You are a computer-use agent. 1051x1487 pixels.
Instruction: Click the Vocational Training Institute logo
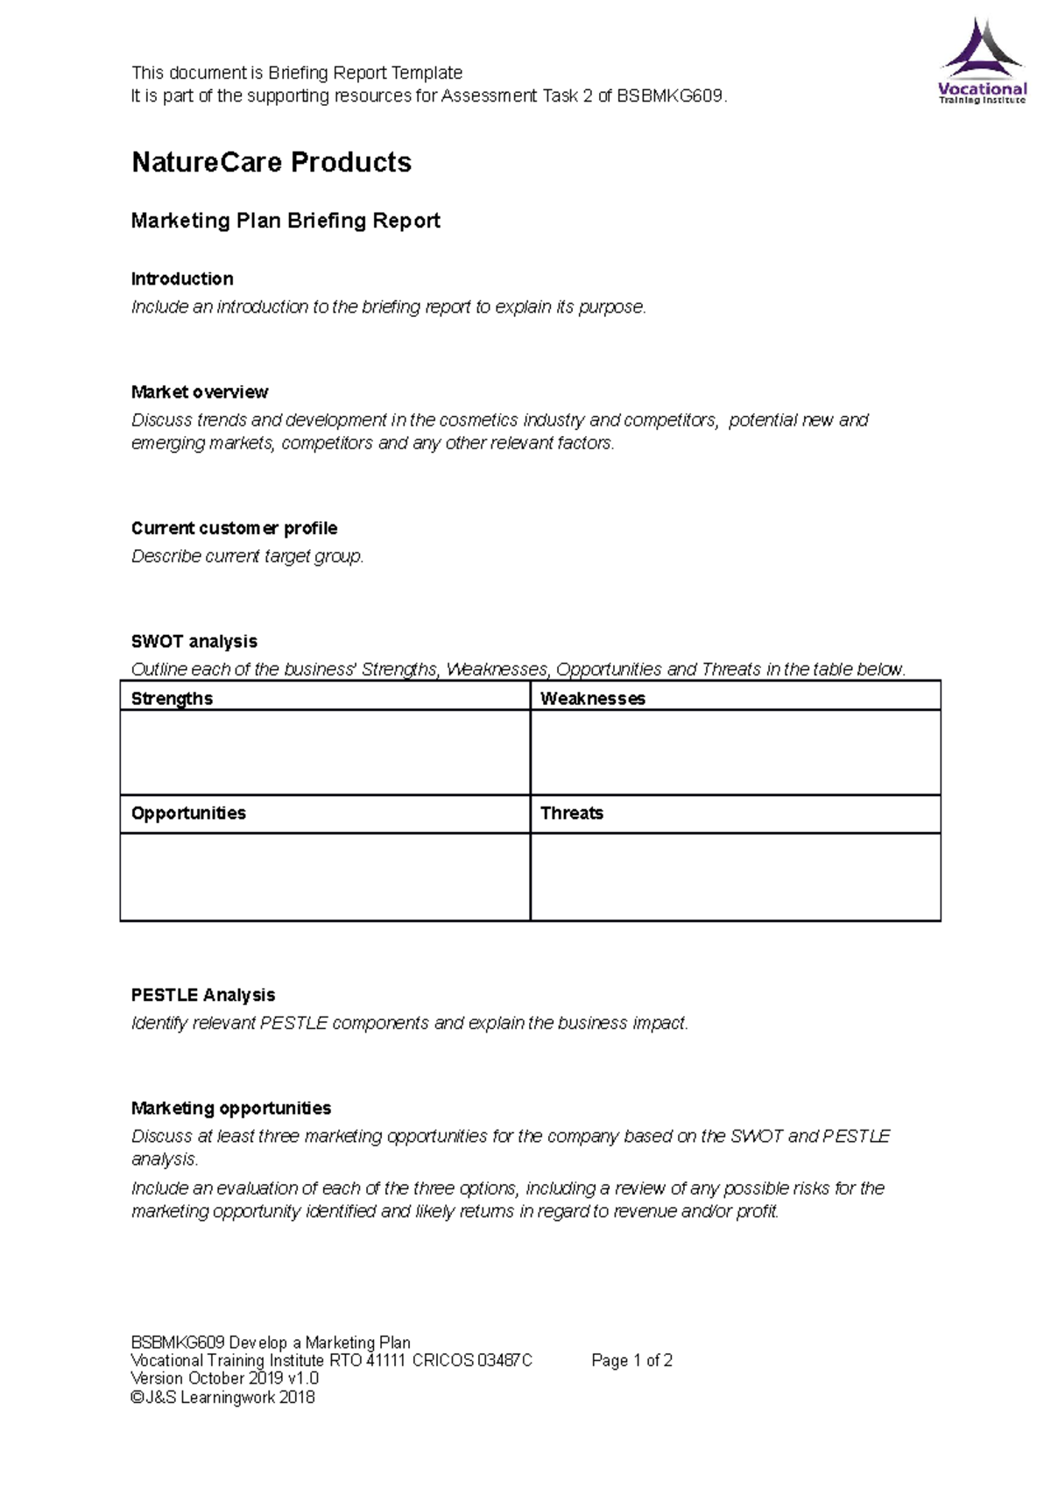tap(982, 61)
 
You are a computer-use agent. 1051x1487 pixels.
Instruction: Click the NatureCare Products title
tap(272, 162)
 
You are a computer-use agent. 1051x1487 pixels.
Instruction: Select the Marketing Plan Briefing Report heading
tap(286, 221)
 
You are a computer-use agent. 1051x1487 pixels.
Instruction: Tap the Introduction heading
tap(182, 278)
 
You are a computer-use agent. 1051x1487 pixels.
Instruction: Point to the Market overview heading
tap(200, 391)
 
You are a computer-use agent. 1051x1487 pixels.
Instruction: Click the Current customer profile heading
tap(234, 528)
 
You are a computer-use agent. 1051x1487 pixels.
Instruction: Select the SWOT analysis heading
tap(194, 641)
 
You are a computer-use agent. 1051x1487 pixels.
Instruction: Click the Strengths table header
tap(172, 698)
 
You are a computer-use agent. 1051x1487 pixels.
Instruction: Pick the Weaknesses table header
tap(592, 698)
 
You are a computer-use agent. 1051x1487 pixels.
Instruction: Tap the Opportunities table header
tap(188, 813)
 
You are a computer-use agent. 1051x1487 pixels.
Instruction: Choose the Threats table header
tap(571, 813)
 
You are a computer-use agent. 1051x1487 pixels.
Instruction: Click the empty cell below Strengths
tap(325, 752)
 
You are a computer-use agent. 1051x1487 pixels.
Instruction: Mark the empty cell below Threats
tap(735, 877)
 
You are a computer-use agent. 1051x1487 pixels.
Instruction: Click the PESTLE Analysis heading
tap(203, 995)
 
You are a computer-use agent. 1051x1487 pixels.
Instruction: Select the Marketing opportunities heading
tap(231, 1108)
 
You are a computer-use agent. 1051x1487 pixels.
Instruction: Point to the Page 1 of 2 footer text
tap(631, 1360)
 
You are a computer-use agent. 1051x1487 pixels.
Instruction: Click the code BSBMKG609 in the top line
tap(670, 95)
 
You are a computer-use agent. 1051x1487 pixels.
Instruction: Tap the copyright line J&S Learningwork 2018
tap(222, 1397)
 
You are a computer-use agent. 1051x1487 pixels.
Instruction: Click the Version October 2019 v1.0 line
tap(224, 1378)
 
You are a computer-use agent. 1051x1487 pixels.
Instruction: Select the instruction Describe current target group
tap(247, 556)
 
